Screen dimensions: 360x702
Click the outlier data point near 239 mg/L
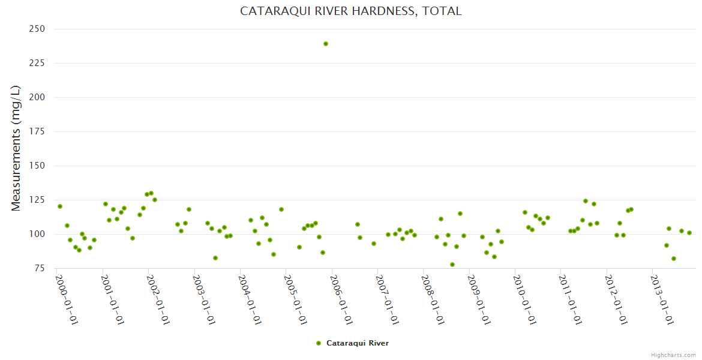pyautogui.click(x=326, y=44)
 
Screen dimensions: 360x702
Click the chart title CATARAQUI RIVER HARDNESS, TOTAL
pyautogui.click(x=351, y=11)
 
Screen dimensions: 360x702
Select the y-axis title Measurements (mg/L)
pyautogui.click(x=16, y=148)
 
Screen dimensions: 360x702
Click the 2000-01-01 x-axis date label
pyautogui.click(x=67, y=299)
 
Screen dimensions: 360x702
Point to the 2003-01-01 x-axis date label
pyautogui.click(x=205, y=299)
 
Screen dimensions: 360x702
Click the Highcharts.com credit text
pyautogui.click(x=673, y=355)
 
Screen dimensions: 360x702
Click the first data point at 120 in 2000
pyautogui.click(x=60, y=206)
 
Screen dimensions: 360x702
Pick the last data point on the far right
pyautogui.click(x=689, y=233)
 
